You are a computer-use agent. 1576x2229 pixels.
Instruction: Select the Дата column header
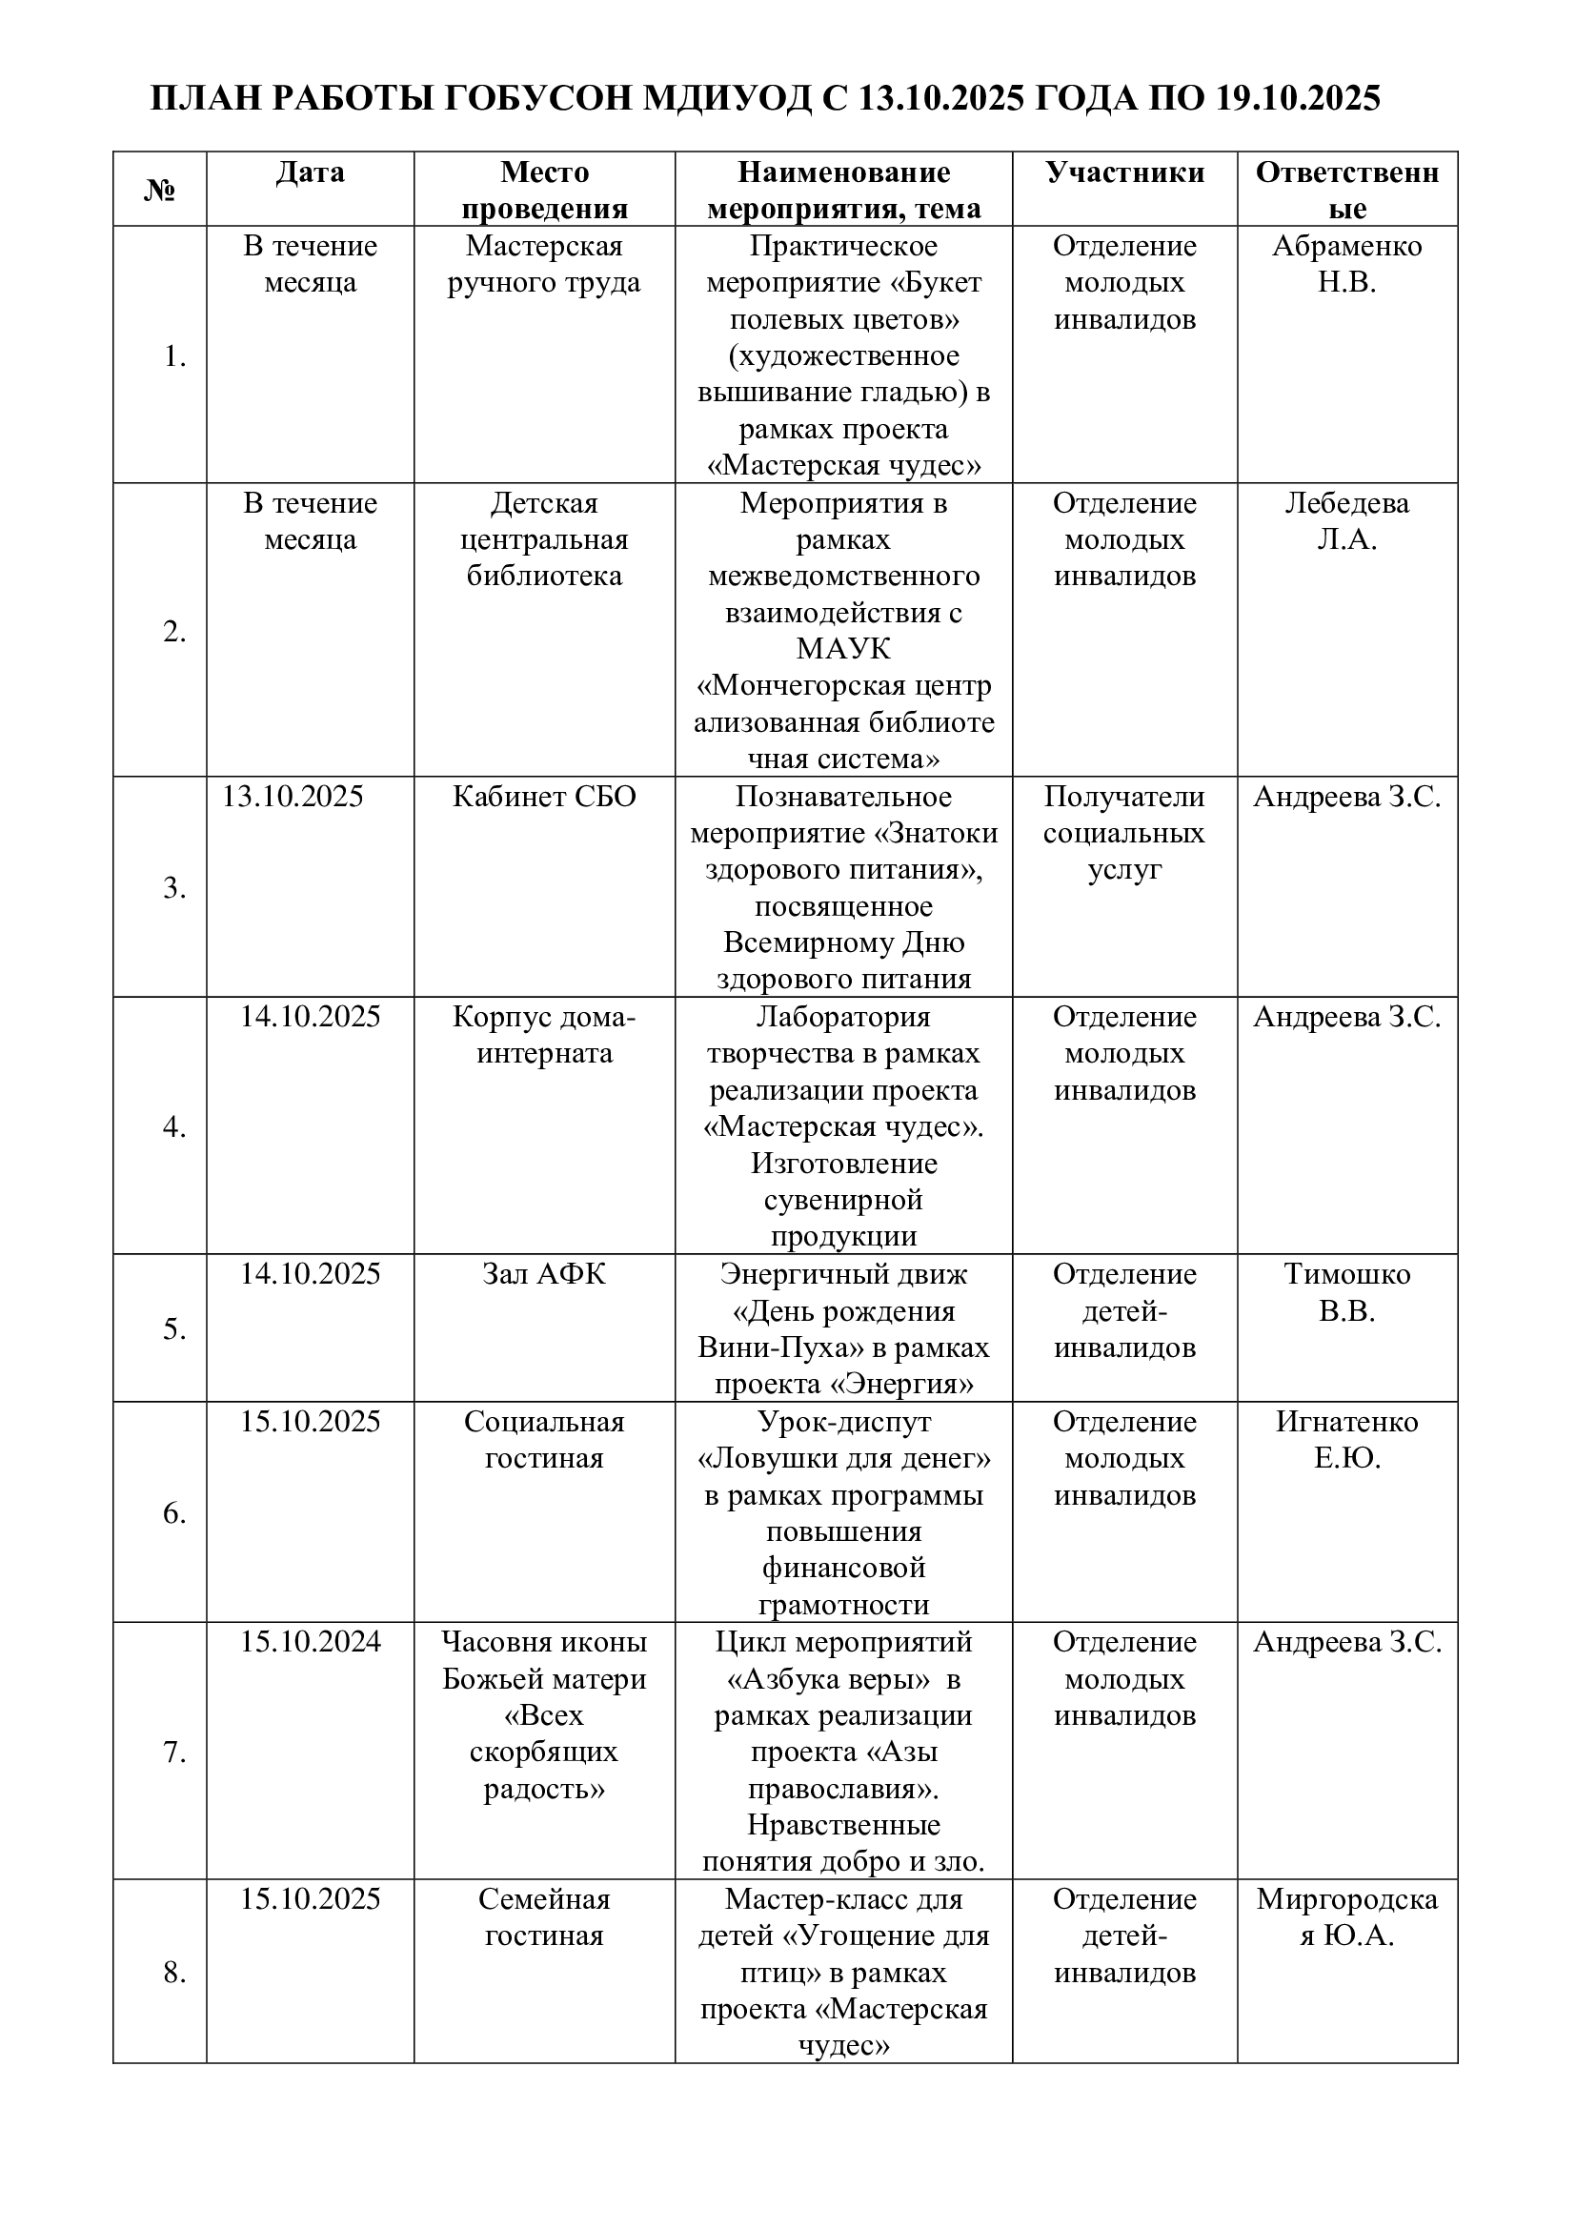click(x=310, y=172)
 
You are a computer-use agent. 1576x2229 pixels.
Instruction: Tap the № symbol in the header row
click(x=159, y=191)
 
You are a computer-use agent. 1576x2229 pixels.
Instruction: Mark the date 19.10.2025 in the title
click(x=1298, y=99)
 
